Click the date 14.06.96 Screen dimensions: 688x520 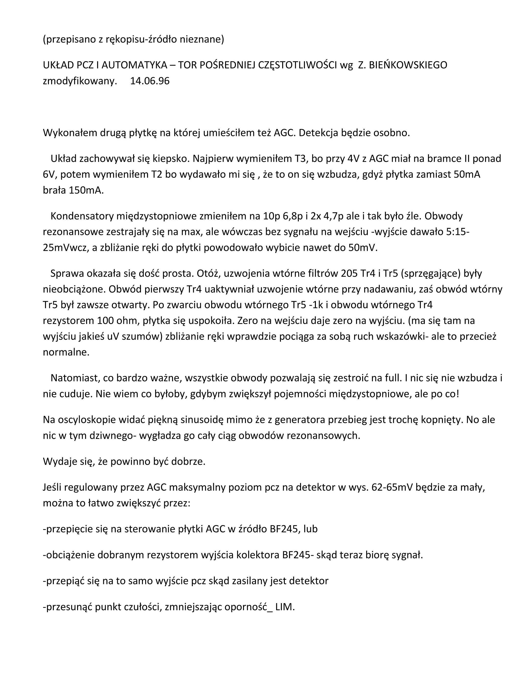coord(150,81)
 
